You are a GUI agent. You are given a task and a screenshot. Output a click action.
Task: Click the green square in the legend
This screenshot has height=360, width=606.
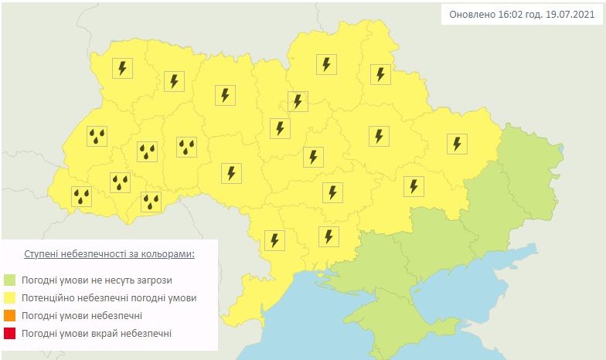point(9,280)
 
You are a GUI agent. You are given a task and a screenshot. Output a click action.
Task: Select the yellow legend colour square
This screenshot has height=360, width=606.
point(9,297)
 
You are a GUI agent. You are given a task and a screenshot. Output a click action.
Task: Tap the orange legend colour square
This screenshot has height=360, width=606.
point(9,315)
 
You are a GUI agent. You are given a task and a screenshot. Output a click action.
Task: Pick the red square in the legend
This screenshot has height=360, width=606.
point(9,333)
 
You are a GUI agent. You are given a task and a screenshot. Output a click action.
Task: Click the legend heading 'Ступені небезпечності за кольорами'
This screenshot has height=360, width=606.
point(109,253)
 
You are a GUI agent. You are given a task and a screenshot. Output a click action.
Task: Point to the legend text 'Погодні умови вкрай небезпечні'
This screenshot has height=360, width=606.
point(97,333)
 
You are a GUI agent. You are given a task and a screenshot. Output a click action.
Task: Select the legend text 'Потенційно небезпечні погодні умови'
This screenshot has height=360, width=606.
point(109,297)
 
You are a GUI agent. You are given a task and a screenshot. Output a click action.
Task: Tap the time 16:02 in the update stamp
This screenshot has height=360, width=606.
point(507,15)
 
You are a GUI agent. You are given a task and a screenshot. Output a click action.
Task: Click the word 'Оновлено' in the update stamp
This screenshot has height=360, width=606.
point(469,15)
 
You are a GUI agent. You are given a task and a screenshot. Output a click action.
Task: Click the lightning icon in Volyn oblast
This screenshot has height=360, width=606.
point(121,68)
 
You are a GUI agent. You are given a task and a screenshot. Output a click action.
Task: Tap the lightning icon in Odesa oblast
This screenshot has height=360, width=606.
point(274,239)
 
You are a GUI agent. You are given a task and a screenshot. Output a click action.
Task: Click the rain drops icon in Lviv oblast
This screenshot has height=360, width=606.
point(97,137)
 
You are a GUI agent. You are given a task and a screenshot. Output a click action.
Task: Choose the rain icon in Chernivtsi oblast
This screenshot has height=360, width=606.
point(151,202)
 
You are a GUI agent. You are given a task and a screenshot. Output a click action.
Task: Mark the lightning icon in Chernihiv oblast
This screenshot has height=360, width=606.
point(327,64)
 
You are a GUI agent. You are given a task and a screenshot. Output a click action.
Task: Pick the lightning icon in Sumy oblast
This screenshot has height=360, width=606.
point(380,74)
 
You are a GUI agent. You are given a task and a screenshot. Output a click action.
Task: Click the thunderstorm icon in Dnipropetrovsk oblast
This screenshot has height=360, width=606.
point(332,192)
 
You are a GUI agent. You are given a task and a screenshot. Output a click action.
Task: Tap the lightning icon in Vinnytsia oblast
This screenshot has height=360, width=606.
point(231,173)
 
